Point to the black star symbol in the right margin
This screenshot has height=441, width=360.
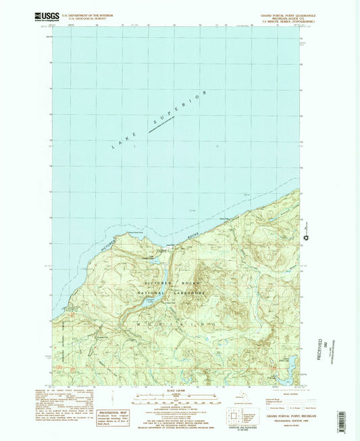(x=307, y=238)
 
